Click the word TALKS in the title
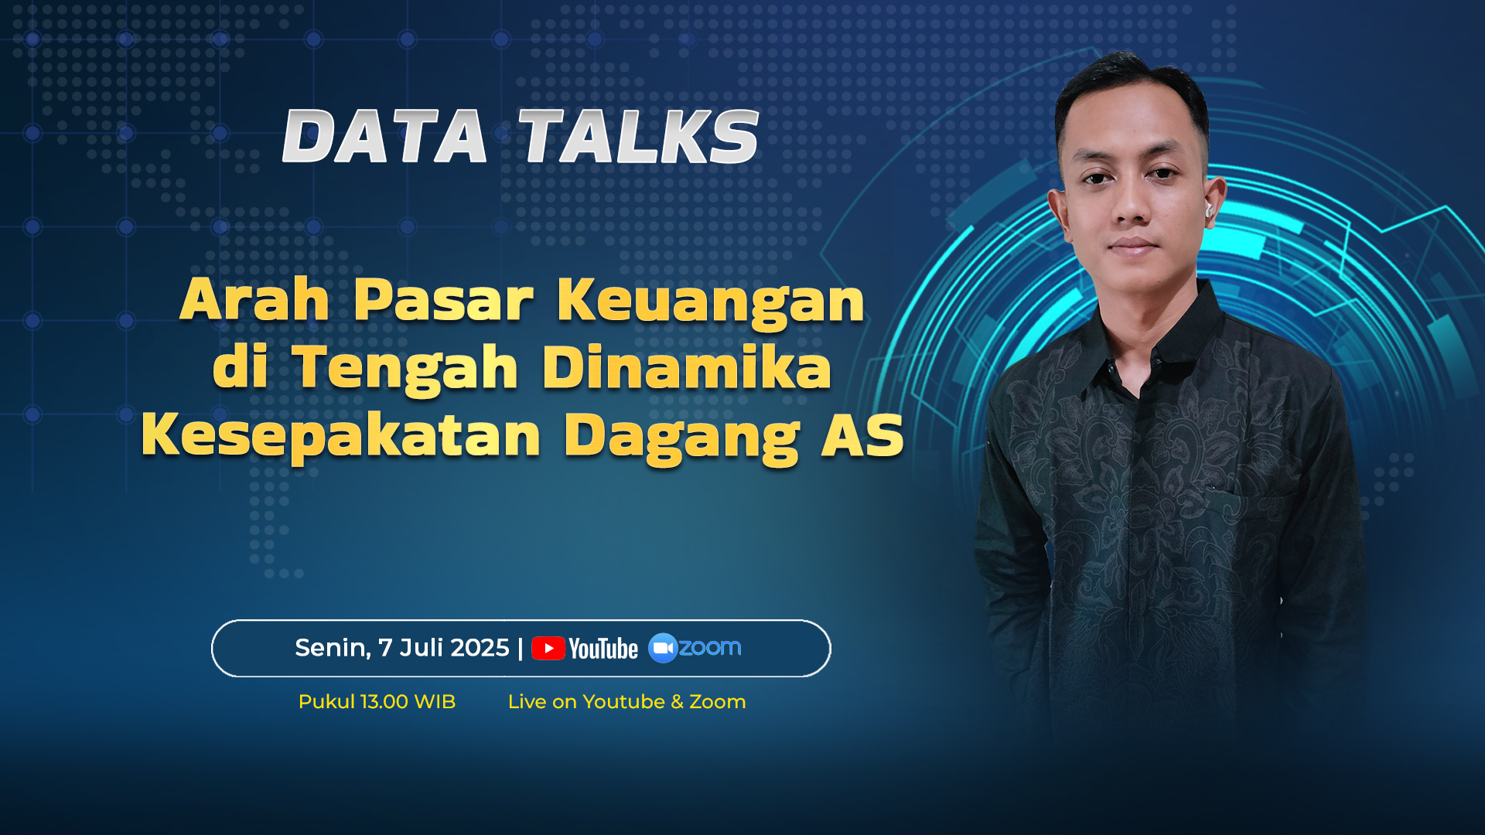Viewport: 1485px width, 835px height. point(639,136)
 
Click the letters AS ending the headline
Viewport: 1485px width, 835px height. point(862,435)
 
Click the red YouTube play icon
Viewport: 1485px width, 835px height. point(548,648)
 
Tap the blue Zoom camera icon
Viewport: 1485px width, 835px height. point(663,648)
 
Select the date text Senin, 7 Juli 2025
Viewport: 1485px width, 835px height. point(402,648)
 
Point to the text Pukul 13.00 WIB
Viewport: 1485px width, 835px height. point(377,702)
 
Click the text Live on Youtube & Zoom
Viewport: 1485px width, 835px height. point(626,702)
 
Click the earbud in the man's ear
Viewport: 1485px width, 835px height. point(1208,210)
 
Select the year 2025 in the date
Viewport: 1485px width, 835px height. point(480,648)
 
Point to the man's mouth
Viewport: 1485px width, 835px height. point(1133,246)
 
